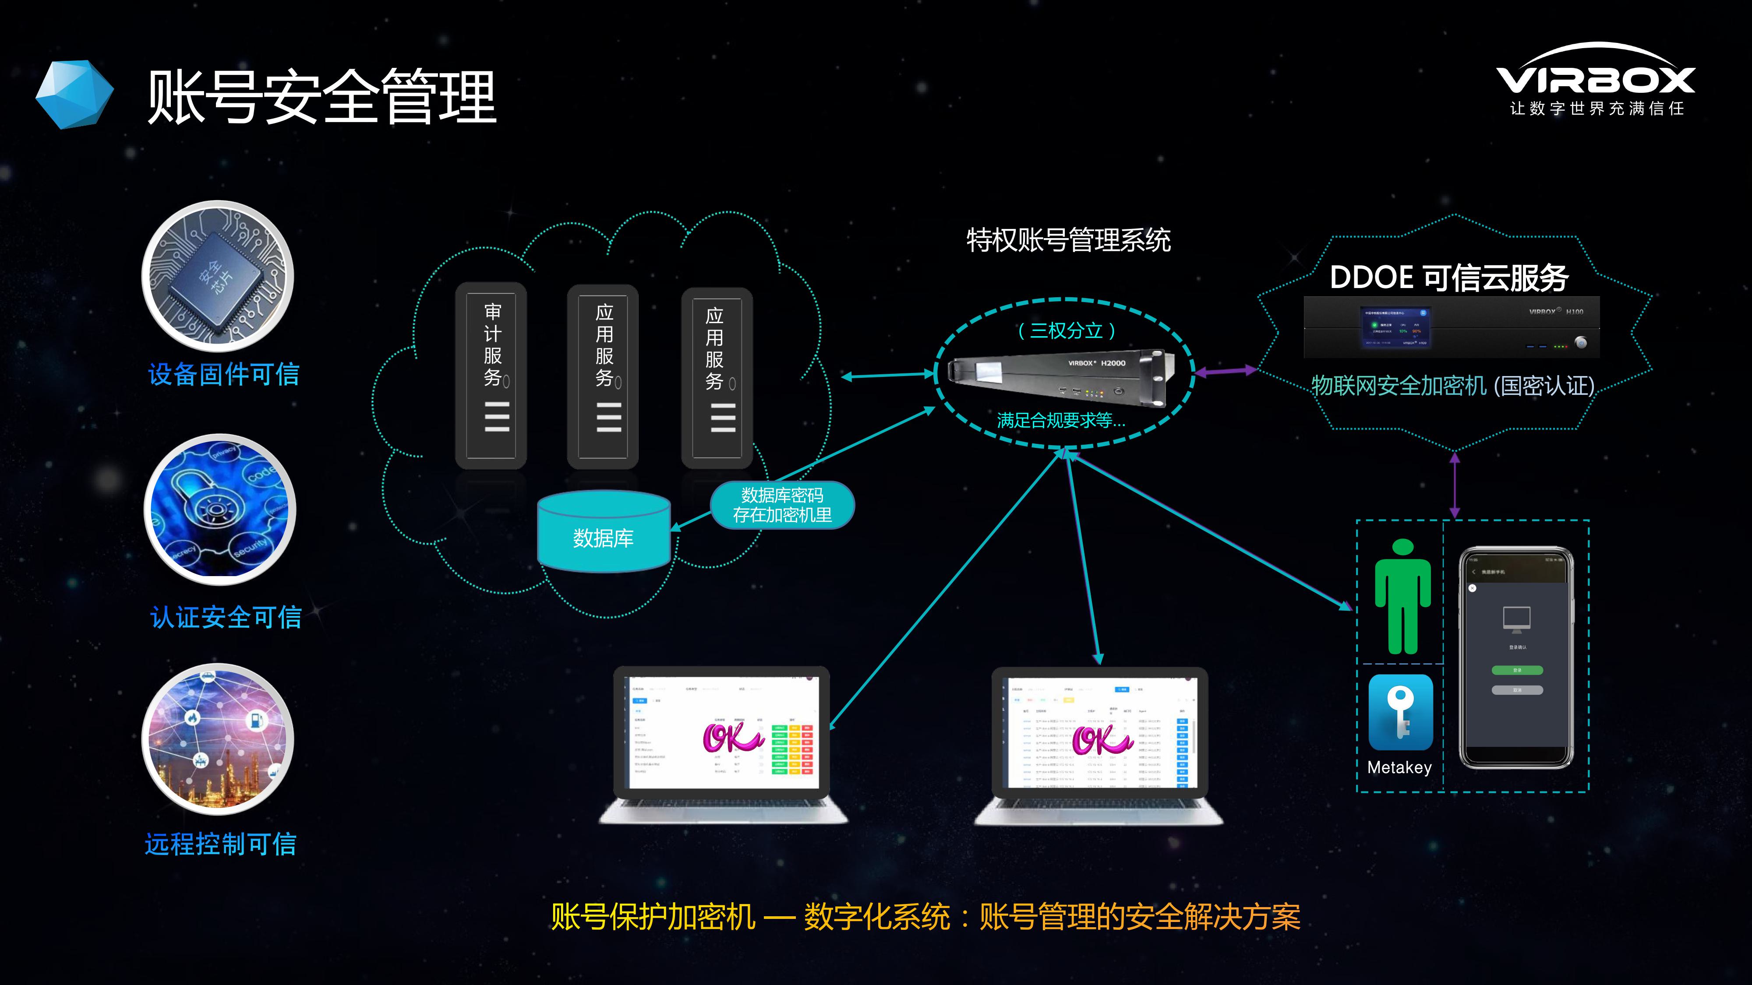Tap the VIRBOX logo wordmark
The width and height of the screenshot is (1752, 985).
pyautogui.click(x=1595, y=80)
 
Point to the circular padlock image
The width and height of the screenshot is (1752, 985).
pyautogui.click(x=220, y=510)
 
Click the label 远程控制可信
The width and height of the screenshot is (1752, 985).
pyautogui.click(x=221, y=844)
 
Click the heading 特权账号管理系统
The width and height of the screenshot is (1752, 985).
pyautogui.click(x=1068, y=240)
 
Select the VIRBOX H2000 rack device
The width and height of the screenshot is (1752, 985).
pyautogui.click(x=1060, y=376)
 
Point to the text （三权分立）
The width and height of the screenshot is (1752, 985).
pyautogui.click(x=1066, y=331)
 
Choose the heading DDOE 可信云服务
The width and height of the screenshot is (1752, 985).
pyautogui.click(x=1448, y=278)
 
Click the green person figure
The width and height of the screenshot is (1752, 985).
pyautogui.click(x=1402, y=596)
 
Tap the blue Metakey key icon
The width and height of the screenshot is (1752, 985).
pyautogui.click(x=1400, y=712)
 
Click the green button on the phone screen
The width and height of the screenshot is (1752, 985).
pyautogui.click(x=1517, y=670)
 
